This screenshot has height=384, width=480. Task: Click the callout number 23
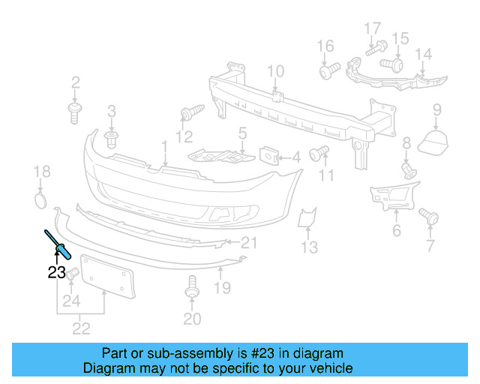[56, 273]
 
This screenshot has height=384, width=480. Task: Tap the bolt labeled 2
[75, 113]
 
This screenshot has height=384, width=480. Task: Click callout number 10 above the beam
[275, 73]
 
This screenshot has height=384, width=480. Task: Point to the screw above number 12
[187, 113]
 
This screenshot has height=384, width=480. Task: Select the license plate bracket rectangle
[106, 277]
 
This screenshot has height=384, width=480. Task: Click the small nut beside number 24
[72, 277]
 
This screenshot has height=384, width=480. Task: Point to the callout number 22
[80, 328]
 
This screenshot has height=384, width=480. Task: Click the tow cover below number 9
[433, 142]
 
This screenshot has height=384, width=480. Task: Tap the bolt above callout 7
[430, 217]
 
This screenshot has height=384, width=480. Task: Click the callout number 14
[424, 54]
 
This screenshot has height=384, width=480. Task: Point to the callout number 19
[223, 287]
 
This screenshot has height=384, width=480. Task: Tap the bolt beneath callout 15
[394, 64]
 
